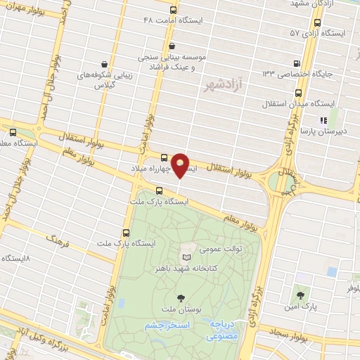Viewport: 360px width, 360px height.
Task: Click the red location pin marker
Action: (181, 165)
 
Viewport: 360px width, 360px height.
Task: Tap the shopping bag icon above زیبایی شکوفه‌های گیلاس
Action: (105, 63)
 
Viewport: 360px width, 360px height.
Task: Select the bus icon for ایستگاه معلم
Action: (13, 131)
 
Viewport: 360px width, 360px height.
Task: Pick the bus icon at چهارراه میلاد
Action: (164, 158)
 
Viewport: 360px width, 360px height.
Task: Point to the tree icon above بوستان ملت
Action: (181, 298)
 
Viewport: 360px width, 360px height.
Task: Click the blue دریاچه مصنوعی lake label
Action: (224, 331)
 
